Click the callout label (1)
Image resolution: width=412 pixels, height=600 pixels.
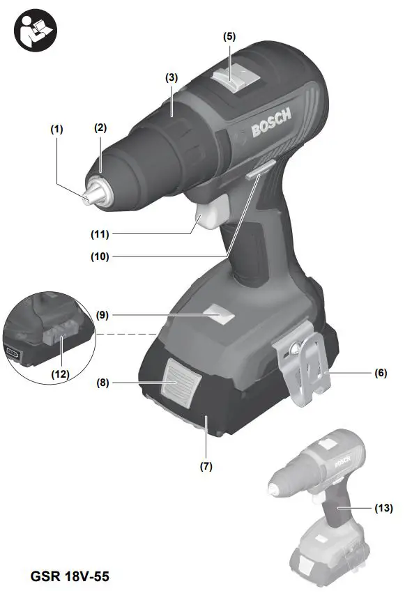coord(56,129)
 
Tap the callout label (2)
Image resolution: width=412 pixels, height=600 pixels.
coord(100,128)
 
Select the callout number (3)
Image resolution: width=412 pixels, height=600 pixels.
coord(171,77)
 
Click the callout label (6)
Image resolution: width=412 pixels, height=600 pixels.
coord(380,374)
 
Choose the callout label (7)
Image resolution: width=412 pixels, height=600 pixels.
coord(207,466)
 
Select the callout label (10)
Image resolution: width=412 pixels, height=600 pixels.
coord(100,256)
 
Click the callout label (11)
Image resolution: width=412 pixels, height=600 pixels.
coord(100,233)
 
